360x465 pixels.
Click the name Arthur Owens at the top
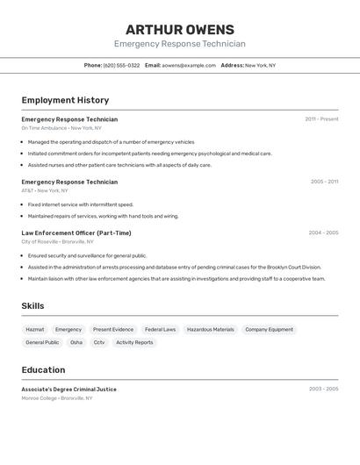pos(179,30)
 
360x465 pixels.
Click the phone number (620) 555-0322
pos(121,65)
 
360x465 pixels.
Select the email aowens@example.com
pos(188,65)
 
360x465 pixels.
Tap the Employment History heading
pos(65,100)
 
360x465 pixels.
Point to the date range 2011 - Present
pos(321,119)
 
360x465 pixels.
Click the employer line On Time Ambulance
pos(61,128)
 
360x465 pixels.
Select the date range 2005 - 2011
pos(324,182)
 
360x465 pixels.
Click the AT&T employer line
pos(45,190)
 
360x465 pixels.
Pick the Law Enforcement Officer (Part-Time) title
pos(76,232)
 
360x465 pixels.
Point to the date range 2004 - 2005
pos(323,232)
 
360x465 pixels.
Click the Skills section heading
pos(33,306)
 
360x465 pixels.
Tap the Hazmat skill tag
pos(35,330)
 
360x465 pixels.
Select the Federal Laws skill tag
pos(160,330)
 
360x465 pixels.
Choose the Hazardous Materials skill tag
pos(211,330)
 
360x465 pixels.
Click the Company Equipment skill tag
pos(269,330)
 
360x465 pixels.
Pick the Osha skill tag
pos(76,342)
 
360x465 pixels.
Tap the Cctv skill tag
pos(99,342)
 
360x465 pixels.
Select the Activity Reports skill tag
pos(134,342)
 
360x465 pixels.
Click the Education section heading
pos(43,370)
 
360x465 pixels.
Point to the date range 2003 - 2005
pos(323,389)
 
